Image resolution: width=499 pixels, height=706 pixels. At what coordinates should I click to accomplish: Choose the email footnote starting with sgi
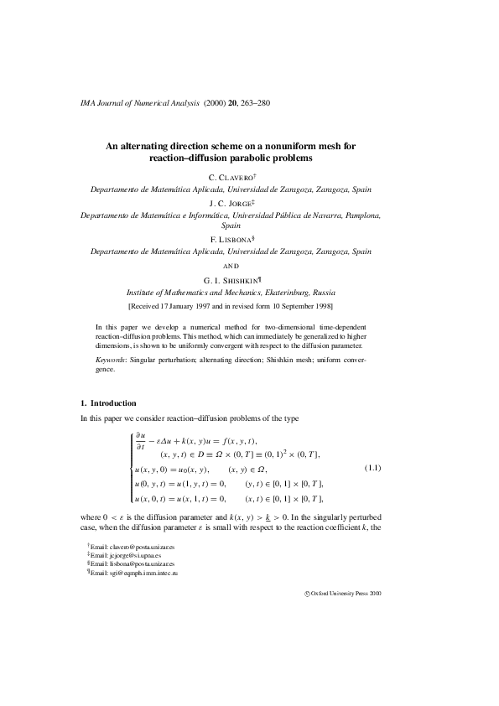pos(134,574)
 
